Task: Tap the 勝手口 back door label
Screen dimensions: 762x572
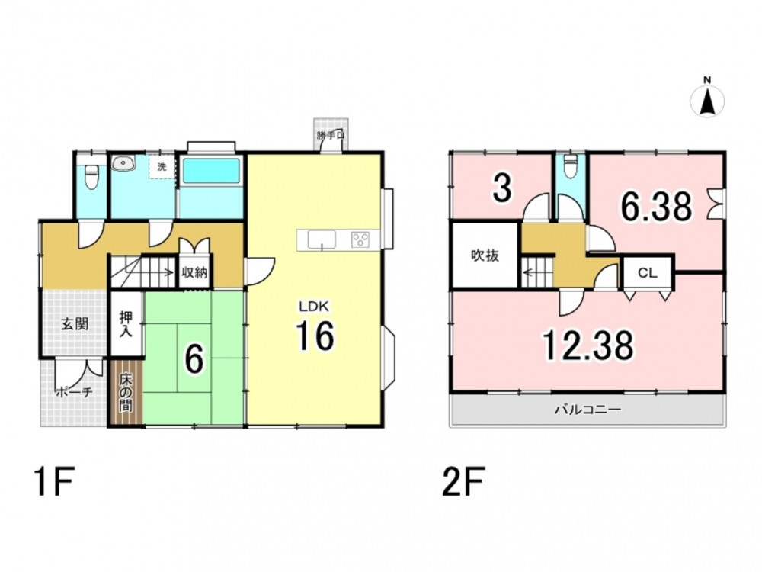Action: (x=331, y=135)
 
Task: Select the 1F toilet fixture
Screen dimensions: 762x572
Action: (x=91, y=178)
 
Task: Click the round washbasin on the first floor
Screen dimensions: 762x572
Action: (x=121, y=163)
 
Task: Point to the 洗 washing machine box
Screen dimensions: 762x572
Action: (x=162, y=167)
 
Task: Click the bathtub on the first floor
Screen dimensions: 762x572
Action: (x=211, y=171)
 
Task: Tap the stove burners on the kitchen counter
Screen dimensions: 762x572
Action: (x=360, y=239)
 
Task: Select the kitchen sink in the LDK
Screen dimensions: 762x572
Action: (x=322, y=239)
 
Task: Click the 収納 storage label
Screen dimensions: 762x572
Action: (x=194, y=272)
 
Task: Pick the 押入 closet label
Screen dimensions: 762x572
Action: (x=126, y=323)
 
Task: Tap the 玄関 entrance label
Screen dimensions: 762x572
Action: (x=75, y=323)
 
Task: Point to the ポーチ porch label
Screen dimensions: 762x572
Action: (x=74, y=392)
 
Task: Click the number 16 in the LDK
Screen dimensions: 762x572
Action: (x=315, y=336)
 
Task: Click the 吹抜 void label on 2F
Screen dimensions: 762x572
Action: (x=485, y=255)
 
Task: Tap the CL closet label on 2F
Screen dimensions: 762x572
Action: (x=647, y=273)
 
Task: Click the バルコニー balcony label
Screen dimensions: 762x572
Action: (x=588, y=410)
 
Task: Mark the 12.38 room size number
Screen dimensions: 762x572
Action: (x=588, y=345)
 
